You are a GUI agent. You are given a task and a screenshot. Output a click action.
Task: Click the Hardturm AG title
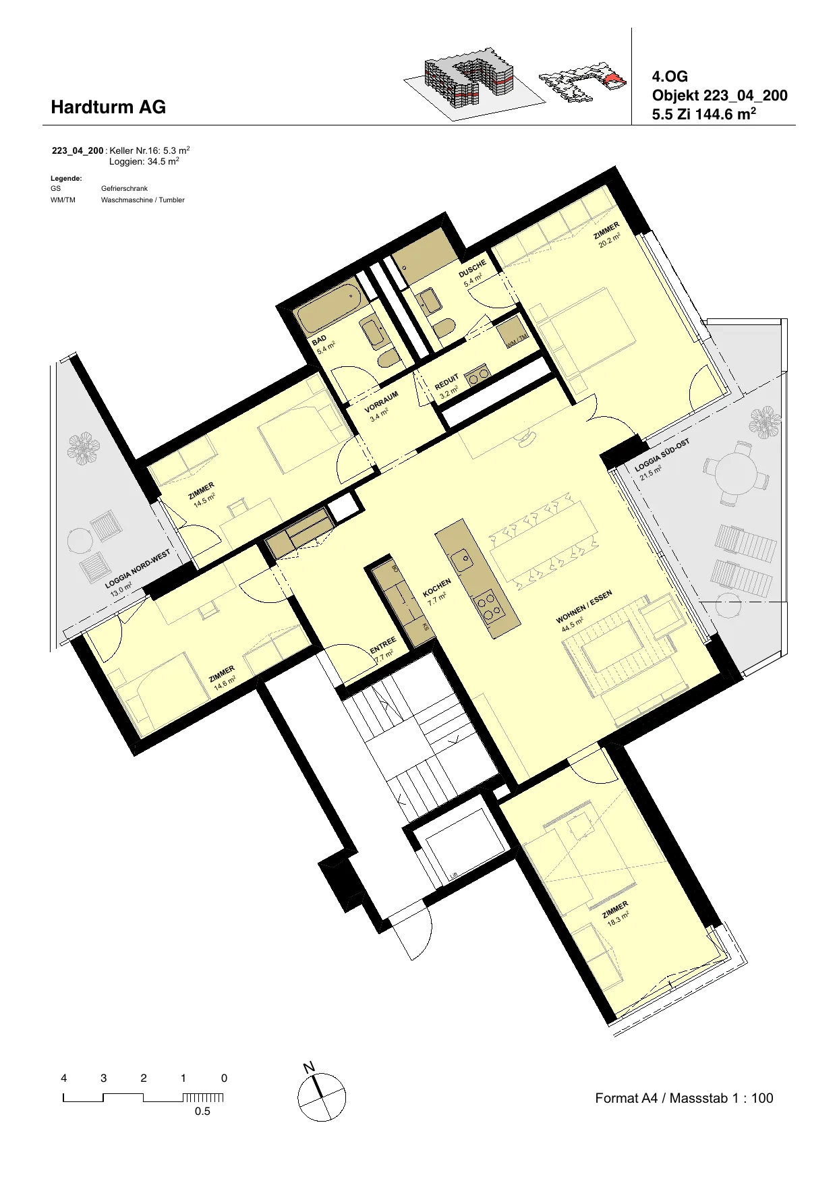[x=108, y=107]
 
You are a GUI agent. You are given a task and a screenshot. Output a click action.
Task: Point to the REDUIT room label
[x=446, y=383]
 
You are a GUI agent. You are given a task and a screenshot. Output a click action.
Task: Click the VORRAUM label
[x=381, y=402]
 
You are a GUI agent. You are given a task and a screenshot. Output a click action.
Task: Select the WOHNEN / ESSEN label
[x=584, y=607]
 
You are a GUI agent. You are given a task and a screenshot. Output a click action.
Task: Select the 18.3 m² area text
[x=618, y=918]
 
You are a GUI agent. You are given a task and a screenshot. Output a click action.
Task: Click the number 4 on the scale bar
[x=64, y=1078]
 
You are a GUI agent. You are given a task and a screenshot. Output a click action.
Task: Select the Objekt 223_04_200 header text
[x=720, y=96]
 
